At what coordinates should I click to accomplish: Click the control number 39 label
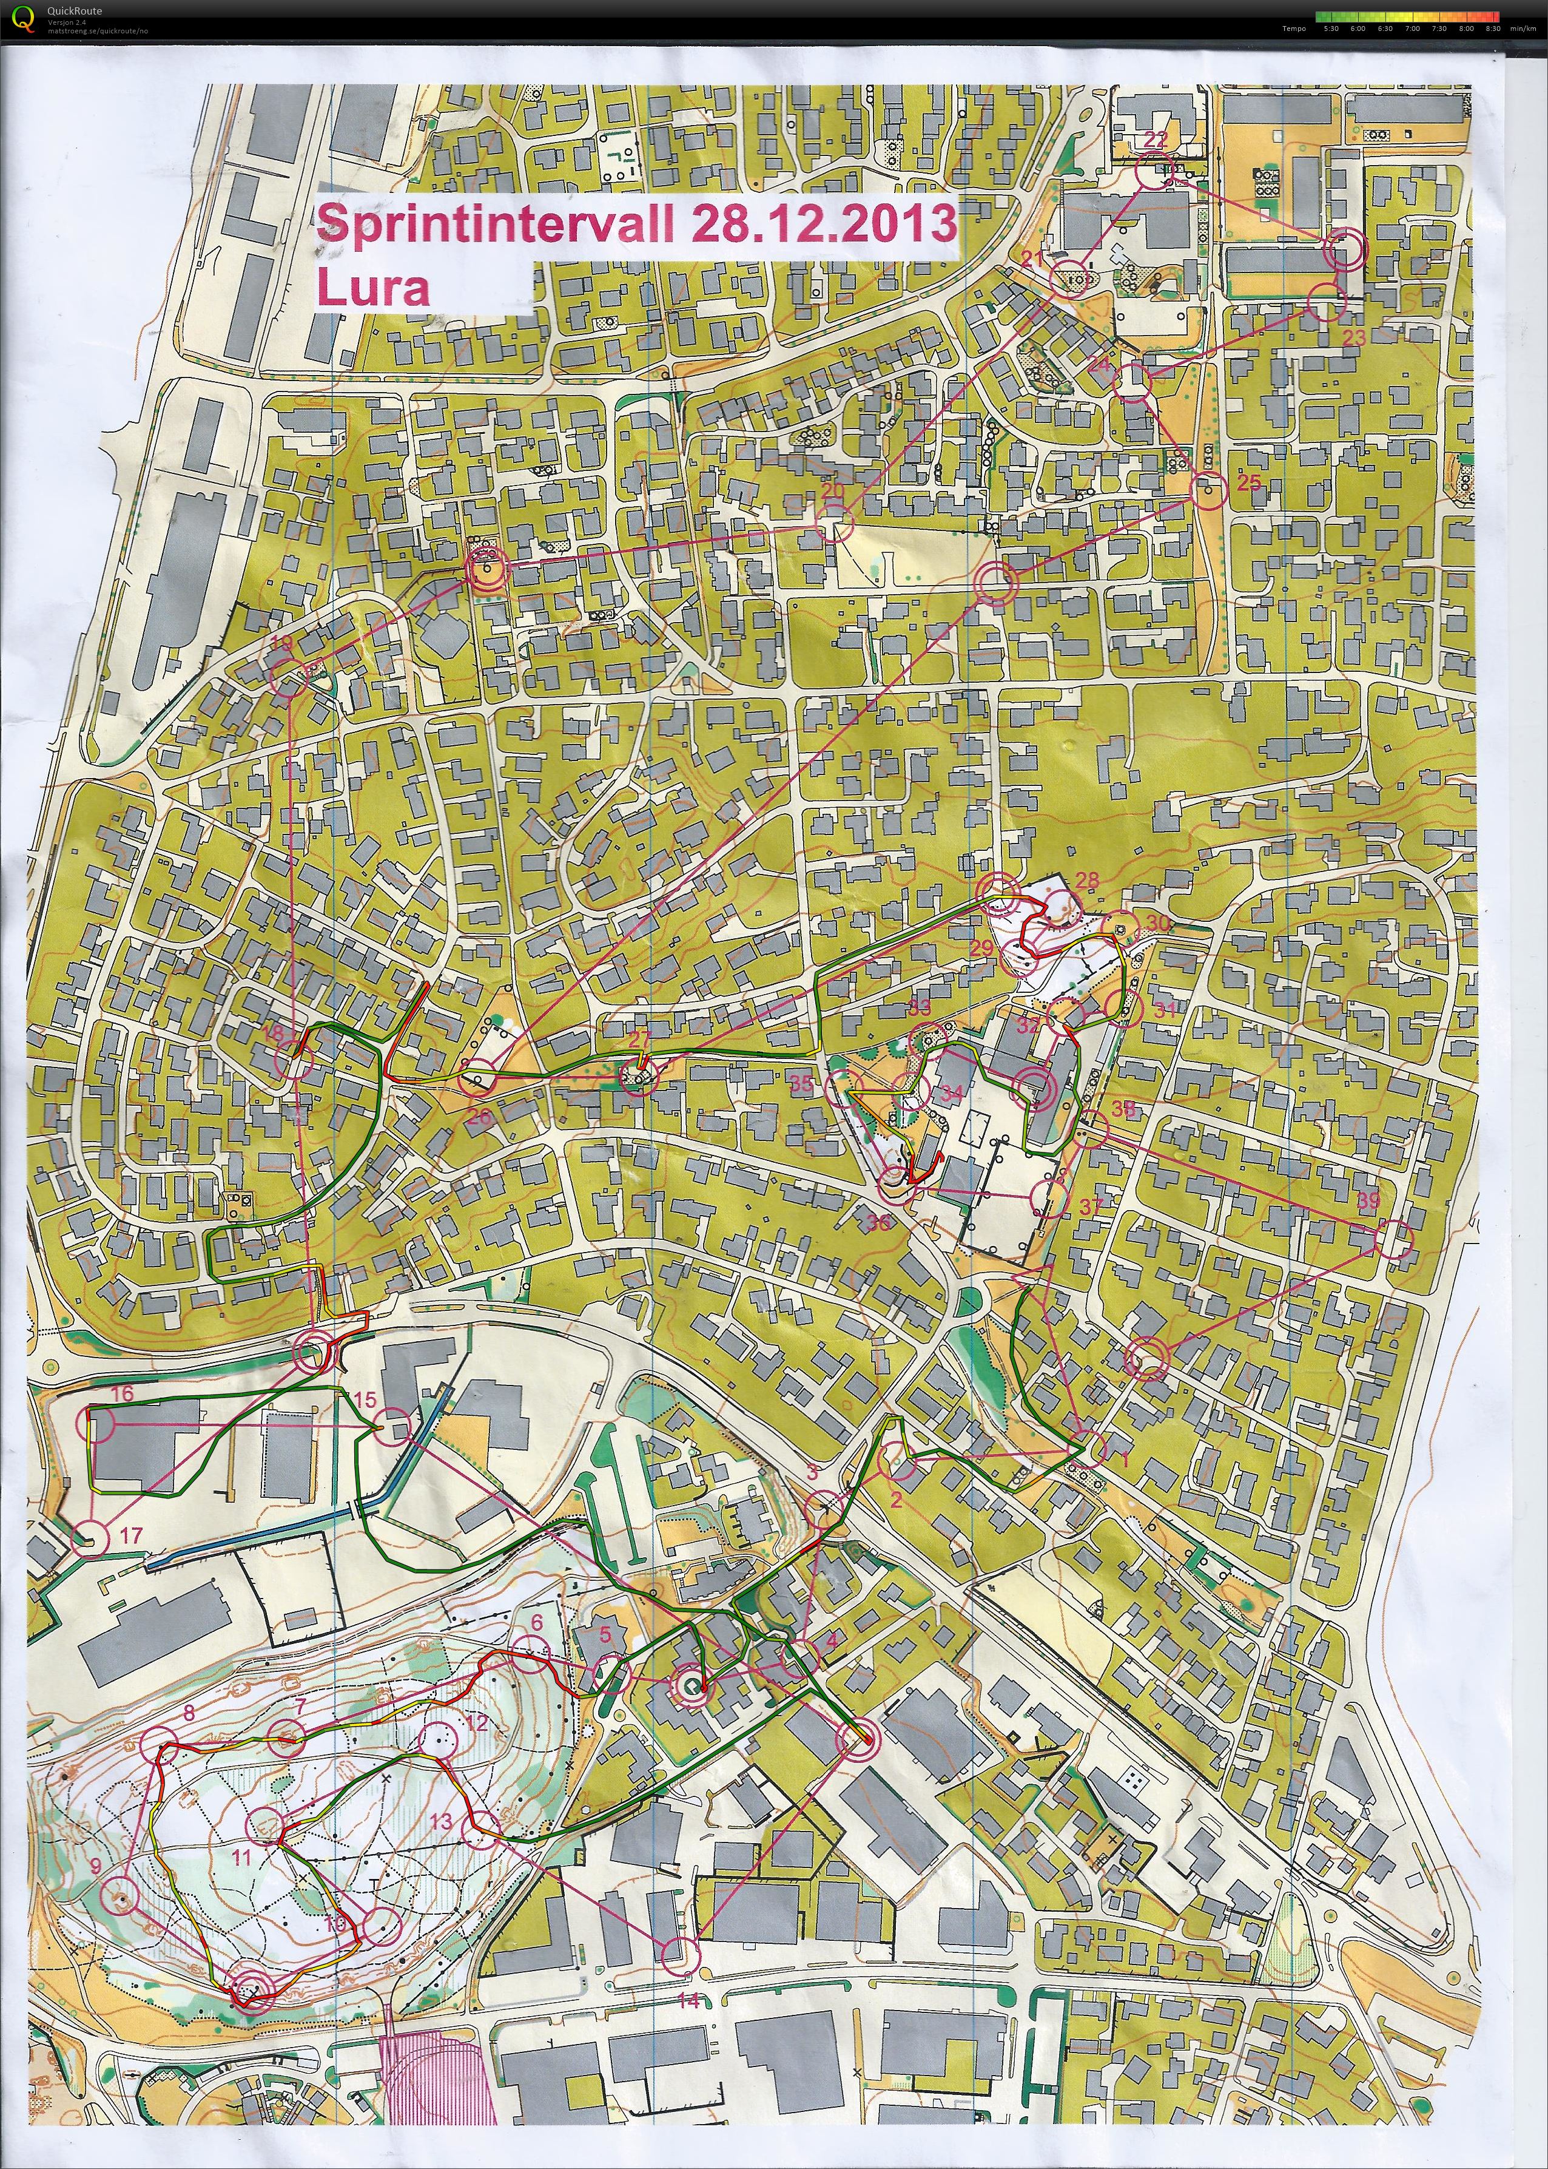[1368, 1201]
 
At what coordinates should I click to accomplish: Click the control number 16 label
[122, 1394]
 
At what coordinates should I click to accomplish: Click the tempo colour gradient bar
[1407, 16]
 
